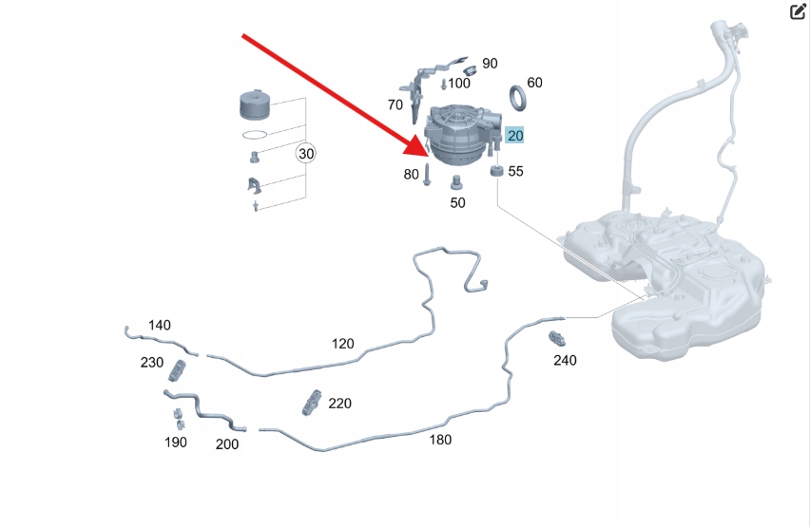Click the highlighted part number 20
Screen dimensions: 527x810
click(514, 136)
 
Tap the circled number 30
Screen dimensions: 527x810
click(305, 153)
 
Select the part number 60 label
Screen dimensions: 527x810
click(534, 83)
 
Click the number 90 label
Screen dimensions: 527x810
click(490, 64)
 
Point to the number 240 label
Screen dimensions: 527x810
click(565, 360)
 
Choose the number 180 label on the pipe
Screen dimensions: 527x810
click(440, 440)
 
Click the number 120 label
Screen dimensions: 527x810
click(342, 343)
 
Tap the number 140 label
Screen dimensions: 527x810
click(160, 325)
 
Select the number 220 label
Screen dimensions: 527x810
click(339, 404)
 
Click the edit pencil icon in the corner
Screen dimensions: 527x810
click(798, 12)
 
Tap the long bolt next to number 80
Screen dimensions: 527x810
click(428, 174)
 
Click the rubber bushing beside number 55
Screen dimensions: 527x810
click(495, 171)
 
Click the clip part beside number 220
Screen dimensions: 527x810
click(311, 404)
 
